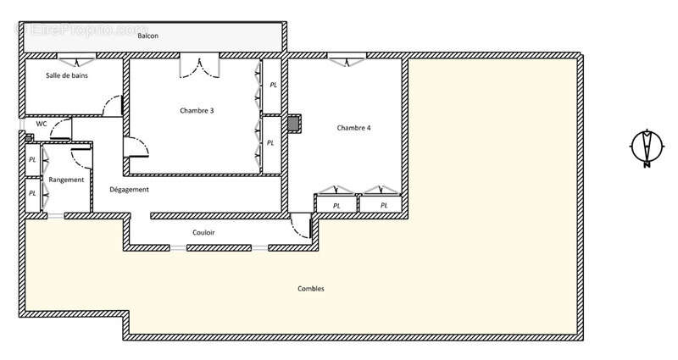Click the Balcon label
(147, 36)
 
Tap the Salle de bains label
(67, 75)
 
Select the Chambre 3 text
(197, 111)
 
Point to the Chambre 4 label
(353, 128)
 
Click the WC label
(42, 124)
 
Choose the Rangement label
(66, 180)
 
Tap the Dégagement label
(129, 189)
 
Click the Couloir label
(203, 232)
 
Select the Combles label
(311, 289)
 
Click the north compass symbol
(647, 147)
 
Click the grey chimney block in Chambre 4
(294, 124)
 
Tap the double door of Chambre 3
(200, 66)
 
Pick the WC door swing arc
(60, 129)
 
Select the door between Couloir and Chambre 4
(301, 225)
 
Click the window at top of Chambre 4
(347, 59)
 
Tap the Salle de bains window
(77, 59)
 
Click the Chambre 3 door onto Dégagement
(136, 147)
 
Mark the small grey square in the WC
(29, 138)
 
